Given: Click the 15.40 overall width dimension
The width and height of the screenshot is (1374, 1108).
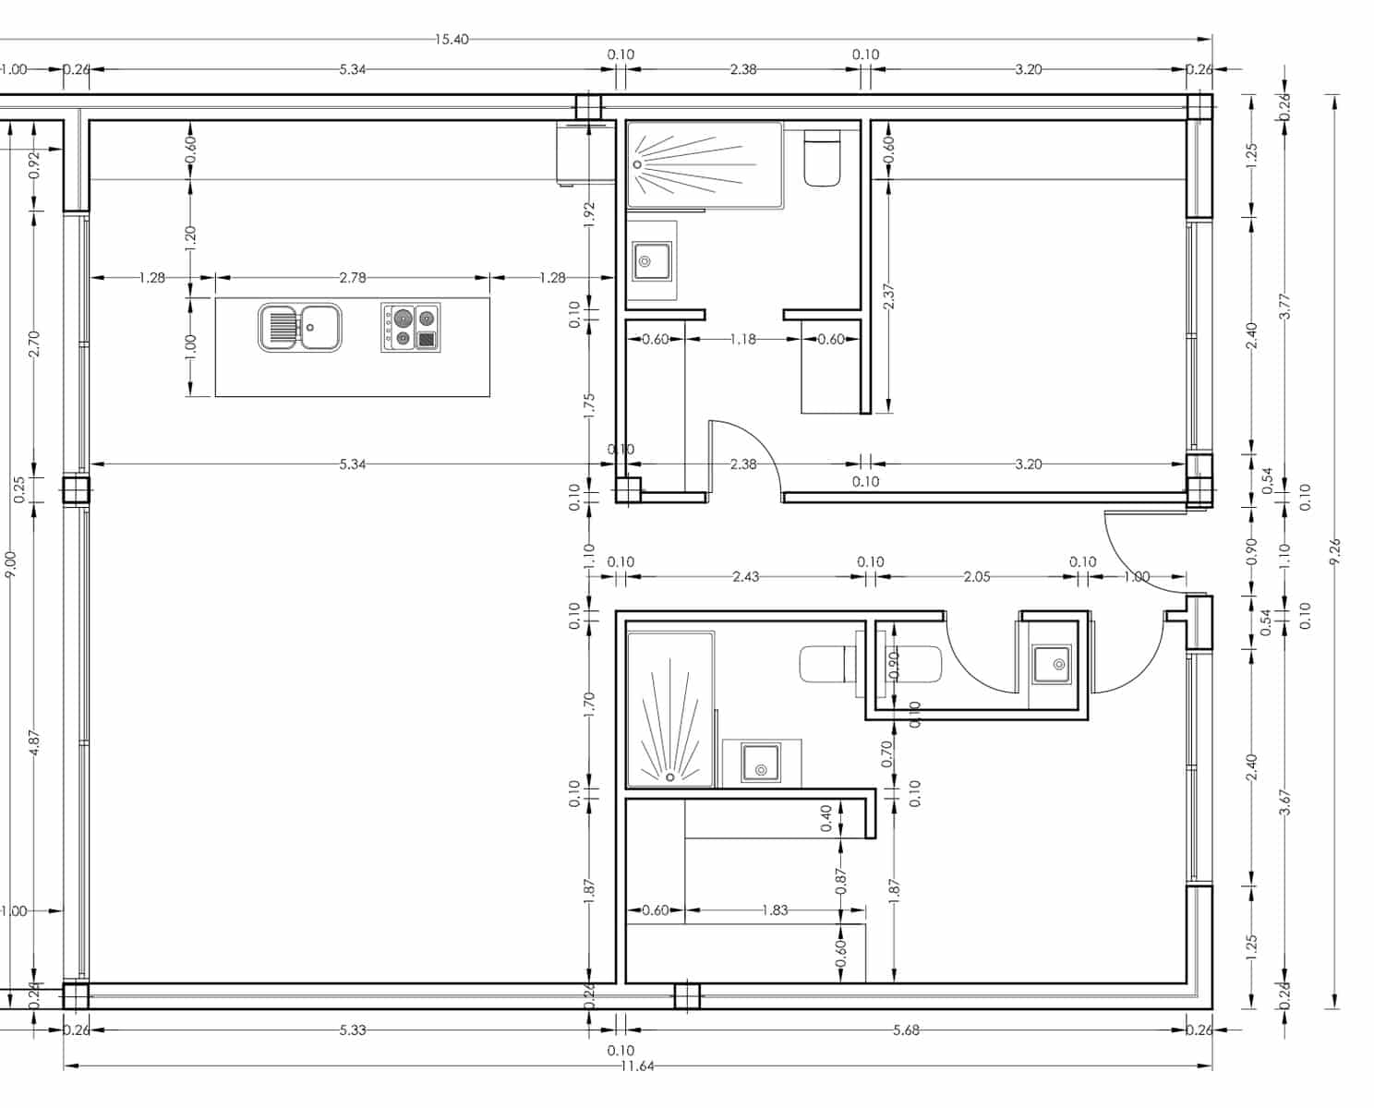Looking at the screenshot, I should [x=452, y=40].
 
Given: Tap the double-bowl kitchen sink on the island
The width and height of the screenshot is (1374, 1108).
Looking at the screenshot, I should [x=300, y=327].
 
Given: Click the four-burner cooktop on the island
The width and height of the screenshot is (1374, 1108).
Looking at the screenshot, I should [x=411, y=328].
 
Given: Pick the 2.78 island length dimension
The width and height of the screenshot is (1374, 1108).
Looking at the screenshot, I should [x=353, y=277].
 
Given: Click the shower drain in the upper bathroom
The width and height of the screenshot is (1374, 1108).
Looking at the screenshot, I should [x=636, y=164].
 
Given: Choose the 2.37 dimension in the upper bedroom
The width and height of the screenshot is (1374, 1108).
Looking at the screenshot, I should [x=888, y=296].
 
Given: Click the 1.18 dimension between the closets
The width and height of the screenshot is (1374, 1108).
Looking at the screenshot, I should [x=742, y=339].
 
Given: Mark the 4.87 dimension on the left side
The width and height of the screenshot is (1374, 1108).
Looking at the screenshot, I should [x=34, y=743].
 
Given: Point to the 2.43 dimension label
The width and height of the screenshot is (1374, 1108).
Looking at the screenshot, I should [x=745, y=577].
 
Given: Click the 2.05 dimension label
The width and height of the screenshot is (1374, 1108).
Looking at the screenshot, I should [x=976, y=577].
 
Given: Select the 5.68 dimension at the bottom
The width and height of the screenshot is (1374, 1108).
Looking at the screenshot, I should [x=906, y=1030].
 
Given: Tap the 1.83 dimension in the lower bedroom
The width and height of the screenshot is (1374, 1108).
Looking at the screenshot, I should [x=775, y=910].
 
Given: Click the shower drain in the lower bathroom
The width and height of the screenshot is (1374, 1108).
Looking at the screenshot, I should [x=670, y=777].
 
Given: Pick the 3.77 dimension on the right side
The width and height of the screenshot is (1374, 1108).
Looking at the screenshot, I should [x=1284, y=306].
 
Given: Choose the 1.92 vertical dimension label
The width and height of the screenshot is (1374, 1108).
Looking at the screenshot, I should [x=590, y=213].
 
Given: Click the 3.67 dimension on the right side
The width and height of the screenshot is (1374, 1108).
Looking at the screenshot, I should [x=1284, y=801].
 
